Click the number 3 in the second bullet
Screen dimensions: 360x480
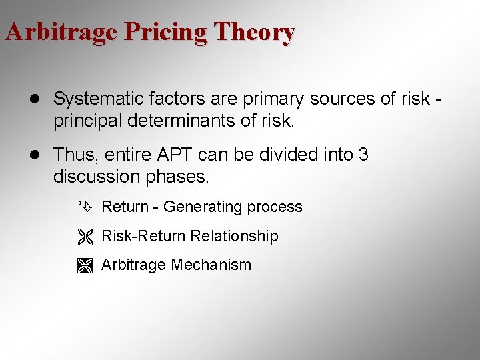point(363,155)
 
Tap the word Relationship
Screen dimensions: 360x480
point(234,236)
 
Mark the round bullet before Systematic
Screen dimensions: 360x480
point(39,100)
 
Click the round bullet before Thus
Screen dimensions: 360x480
point(39,155)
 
